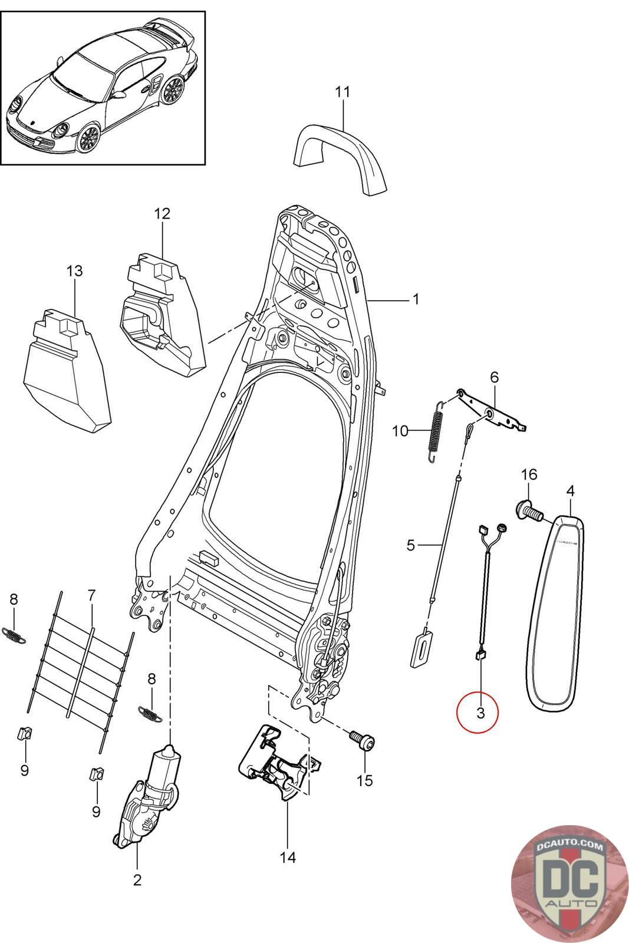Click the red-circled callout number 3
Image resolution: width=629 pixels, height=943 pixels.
[x=480, y=713]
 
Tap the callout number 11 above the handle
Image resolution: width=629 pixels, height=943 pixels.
[x=343, y=92]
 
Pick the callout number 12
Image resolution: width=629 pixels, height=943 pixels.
[x=162, y=213]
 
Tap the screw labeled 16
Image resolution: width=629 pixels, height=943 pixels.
[x=529, y=511]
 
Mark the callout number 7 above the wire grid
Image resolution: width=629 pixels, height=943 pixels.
[x=91, y=596]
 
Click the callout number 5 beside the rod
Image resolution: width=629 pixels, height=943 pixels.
[x=411, y=546]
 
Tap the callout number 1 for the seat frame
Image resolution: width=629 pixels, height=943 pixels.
[x=415, y=299]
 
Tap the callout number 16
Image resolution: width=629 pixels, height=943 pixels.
[x=529, y=474]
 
